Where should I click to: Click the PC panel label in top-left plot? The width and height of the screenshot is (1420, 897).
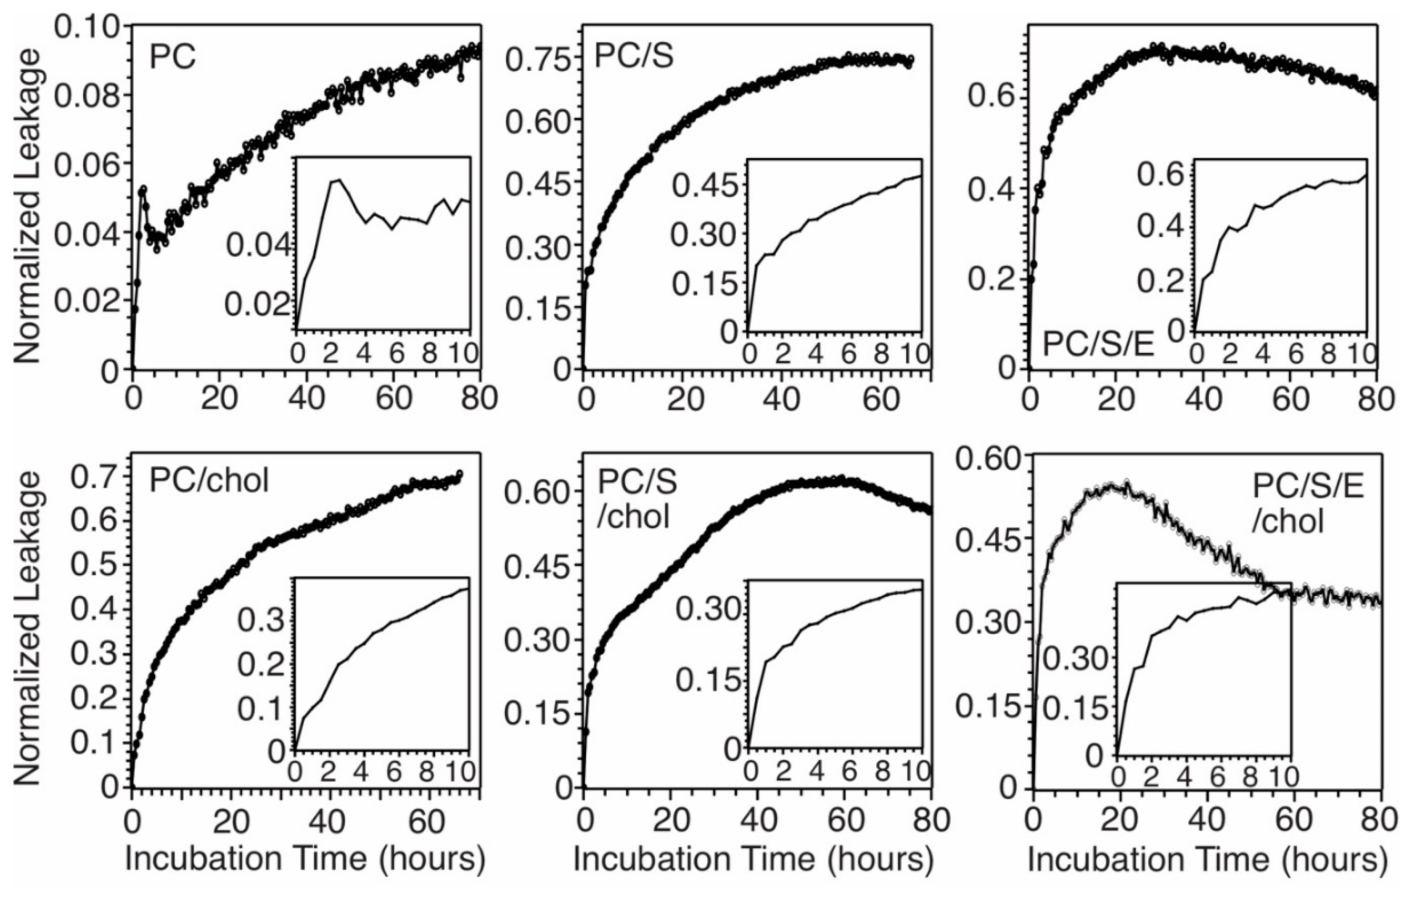click(172, 59)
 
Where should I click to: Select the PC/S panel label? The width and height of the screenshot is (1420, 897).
click(634, 57)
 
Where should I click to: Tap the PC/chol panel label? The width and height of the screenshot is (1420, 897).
click(209, 481)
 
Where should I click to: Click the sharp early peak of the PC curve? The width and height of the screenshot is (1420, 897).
click(143, 190)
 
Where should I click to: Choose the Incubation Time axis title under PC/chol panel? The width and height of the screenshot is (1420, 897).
click(305, 859)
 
